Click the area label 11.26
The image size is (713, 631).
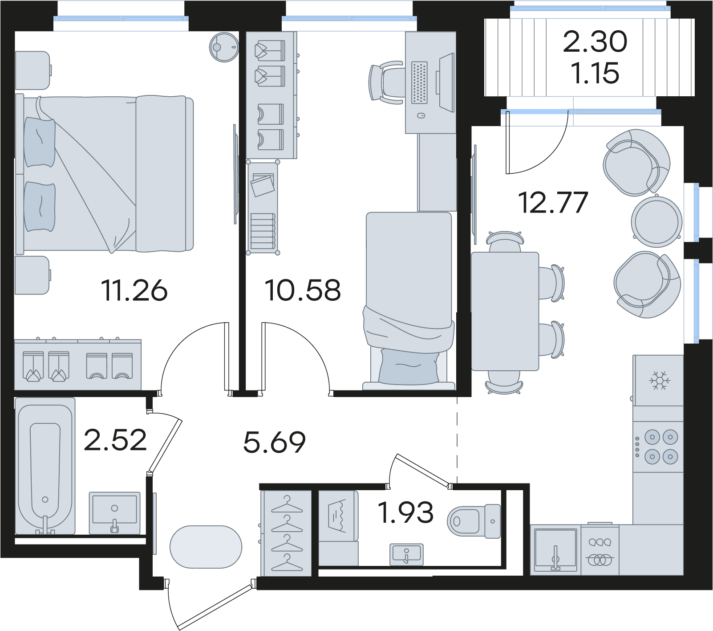pos(134,290)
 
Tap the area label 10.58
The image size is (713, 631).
pos(303,290)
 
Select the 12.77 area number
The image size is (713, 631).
pos(553,202)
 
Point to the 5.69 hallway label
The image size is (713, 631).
pos(275,442)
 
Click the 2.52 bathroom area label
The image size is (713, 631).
pos(115,440)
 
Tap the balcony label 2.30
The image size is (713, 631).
pos(595,42)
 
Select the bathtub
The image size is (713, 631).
pos(45,466)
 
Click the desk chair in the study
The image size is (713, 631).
pos(386,83)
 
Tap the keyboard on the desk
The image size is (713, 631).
pos(419,82)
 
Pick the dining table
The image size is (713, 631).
pos(505,311)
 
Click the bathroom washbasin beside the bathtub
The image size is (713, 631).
pos(114,513)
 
